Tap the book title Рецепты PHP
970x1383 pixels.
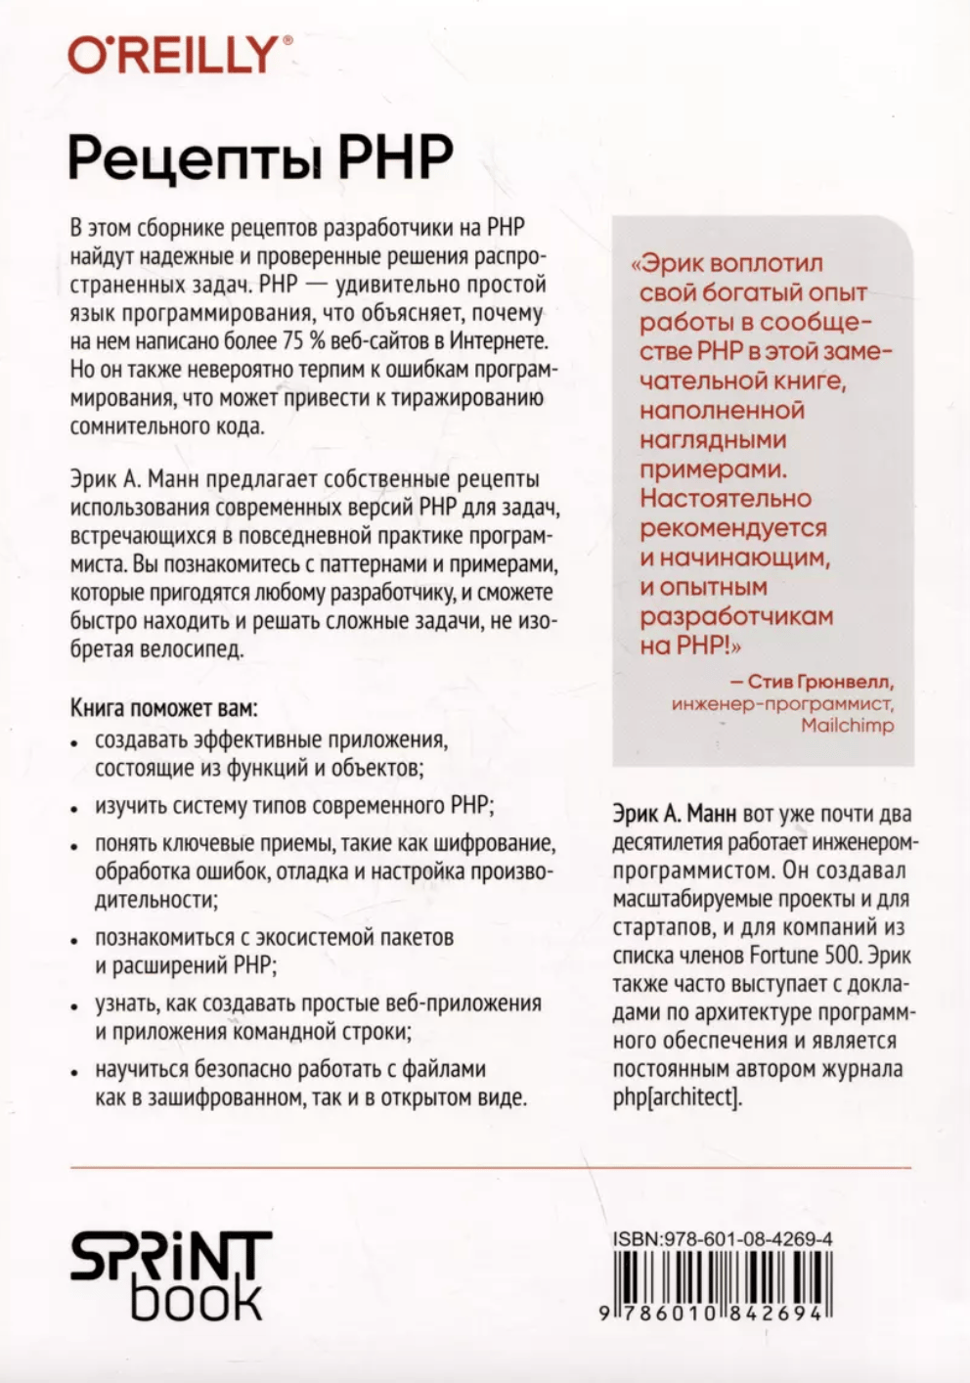click(261, 157)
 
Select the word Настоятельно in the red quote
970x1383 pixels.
click(726, 498)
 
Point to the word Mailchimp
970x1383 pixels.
click(847, 725)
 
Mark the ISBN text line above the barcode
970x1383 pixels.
click(723, 1238)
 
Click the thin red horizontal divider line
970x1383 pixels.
click(490, 1167)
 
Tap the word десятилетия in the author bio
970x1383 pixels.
click(667, 840)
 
